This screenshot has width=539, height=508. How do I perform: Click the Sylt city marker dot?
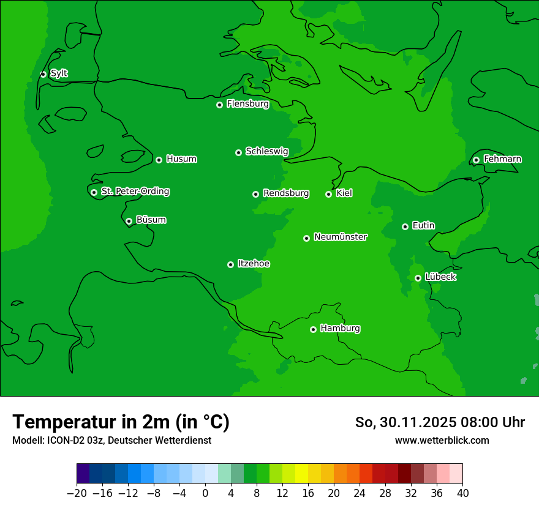click(x=43, y=74)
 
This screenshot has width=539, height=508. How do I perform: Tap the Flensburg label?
click(x=247, y=104)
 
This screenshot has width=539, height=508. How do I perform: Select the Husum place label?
click(x=181, y=159)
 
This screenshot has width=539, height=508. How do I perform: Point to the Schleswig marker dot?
click(x=238, y=152)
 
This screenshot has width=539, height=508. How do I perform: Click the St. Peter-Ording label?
click(x=135, y=192)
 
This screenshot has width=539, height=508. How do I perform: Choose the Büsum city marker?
click(x=129, y=222)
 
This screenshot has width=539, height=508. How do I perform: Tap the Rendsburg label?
click(x=285, y=193)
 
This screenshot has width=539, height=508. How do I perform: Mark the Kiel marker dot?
click(x=328, y=194)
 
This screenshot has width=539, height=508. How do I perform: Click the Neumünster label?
click(x=341, y=237)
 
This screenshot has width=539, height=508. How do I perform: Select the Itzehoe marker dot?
click(x=230, y=264)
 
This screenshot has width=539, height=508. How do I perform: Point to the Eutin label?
click(x=423, y=226)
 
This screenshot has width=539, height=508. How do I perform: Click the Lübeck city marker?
click(x=418, y=278)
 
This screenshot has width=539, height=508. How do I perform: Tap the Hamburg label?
click(x=340, y=329)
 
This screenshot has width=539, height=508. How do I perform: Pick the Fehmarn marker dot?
click(x=476, y=160)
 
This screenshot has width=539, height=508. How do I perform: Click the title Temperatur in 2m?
click(x=121, y=422)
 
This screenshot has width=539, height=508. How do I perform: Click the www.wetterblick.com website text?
click(x=442, y=440)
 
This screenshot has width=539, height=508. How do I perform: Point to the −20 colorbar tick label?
click(x=77, y=493)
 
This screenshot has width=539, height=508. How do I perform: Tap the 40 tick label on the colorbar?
click(x=462, y=493)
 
